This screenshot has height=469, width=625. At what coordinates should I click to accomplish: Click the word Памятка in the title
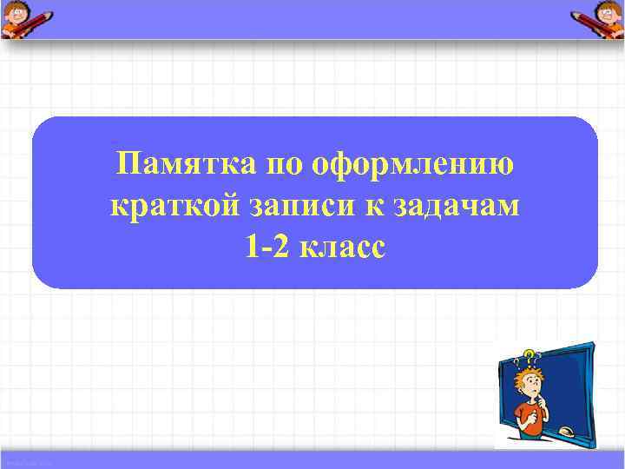click(182, 163)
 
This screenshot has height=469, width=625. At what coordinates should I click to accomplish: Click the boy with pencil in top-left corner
click(26, 18)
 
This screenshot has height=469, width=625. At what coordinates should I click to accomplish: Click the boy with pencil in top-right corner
click(598, 18)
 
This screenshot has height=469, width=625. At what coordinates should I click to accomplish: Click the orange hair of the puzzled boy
click(524, 373)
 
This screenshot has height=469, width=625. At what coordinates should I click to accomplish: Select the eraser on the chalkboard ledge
click(567, 432)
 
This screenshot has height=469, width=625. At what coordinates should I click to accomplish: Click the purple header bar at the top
click(312, 18)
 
